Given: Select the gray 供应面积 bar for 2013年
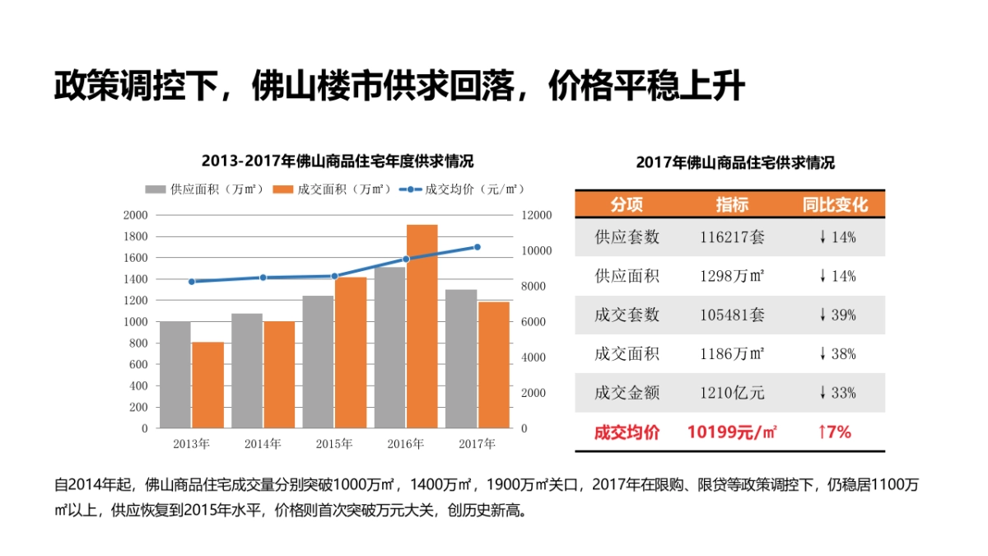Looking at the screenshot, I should point(175,375).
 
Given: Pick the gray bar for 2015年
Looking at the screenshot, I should point(318,362).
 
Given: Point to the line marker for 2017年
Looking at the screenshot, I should point(477,247).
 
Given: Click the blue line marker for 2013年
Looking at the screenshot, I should point(191,282).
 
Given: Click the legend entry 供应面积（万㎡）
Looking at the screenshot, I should point(205,189).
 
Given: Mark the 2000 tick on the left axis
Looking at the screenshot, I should point(136,215).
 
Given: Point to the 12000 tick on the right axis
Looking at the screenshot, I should point(536,215).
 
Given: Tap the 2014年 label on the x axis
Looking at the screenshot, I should point(263,444).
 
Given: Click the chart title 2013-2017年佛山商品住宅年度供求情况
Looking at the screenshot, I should point(338,161).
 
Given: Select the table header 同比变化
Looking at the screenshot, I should point(835,204).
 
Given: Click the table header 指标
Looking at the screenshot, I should point(731,204).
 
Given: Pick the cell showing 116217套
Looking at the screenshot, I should point(731,237).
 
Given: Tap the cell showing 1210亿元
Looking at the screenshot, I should point(731,393).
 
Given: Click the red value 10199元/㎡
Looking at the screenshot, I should point(731,432).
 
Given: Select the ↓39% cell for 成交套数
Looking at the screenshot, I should point(837,315).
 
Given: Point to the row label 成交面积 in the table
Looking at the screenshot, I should point(627,354).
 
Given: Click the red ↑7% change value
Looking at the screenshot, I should point(834,432).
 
